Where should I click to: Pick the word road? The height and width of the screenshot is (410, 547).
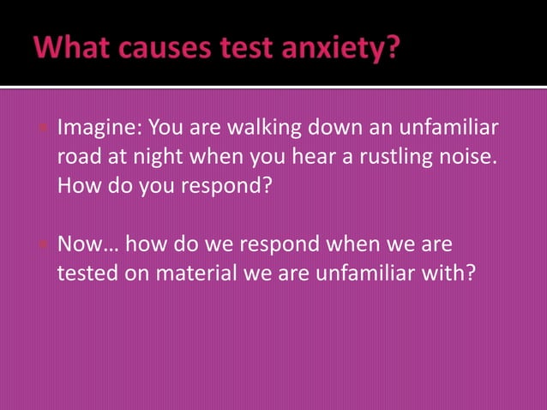pyautogui.click(x=78, y=159)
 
